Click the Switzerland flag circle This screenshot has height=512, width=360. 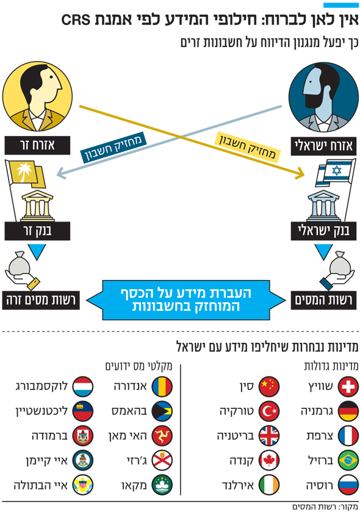348,386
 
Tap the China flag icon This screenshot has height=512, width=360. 269,386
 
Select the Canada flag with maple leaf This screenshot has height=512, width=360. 269,460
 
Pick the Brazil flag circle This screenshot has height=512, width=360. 348,460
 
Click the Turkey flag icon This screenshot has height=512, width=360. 269,411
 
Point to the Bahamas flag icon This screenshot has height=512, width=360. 162,411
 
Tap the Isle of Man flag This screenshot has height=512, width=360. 162,436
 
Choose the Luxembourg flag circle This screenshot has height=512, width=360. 82,386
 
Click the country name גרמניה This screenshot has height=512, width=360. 317,411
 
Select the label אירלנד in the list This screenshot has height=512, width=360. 238,485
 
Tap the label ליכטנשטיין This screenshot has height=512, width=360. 41,411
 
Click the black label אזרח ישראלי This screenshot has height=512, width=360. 323,146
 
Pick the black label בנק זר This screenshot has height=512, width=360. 37,231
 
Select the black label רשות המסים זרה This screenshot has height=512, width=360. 41,300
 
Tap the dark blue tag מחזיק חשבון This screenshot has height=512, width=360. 113,148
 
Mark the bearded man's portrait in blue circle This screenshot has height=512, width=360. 323,98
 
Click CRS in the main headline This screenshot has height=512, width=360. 76,20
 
